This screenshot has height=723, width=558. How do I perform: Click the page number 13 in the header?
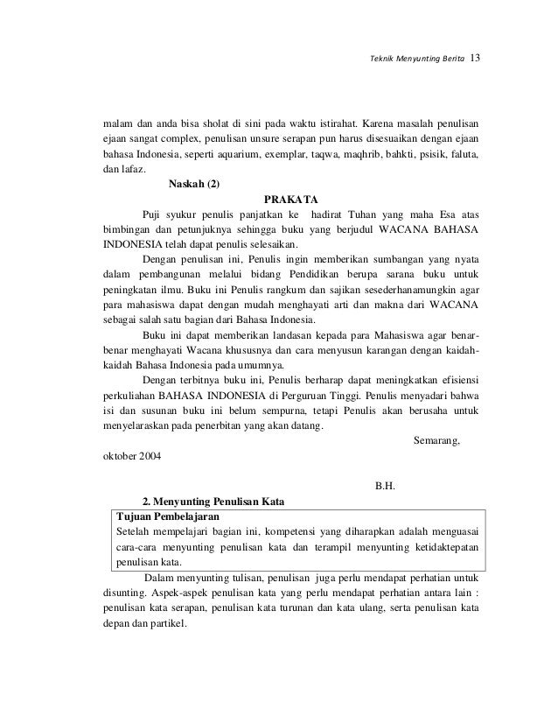476,59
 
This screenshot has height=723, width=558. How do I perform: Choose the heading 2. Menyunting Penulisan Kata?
213,502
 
